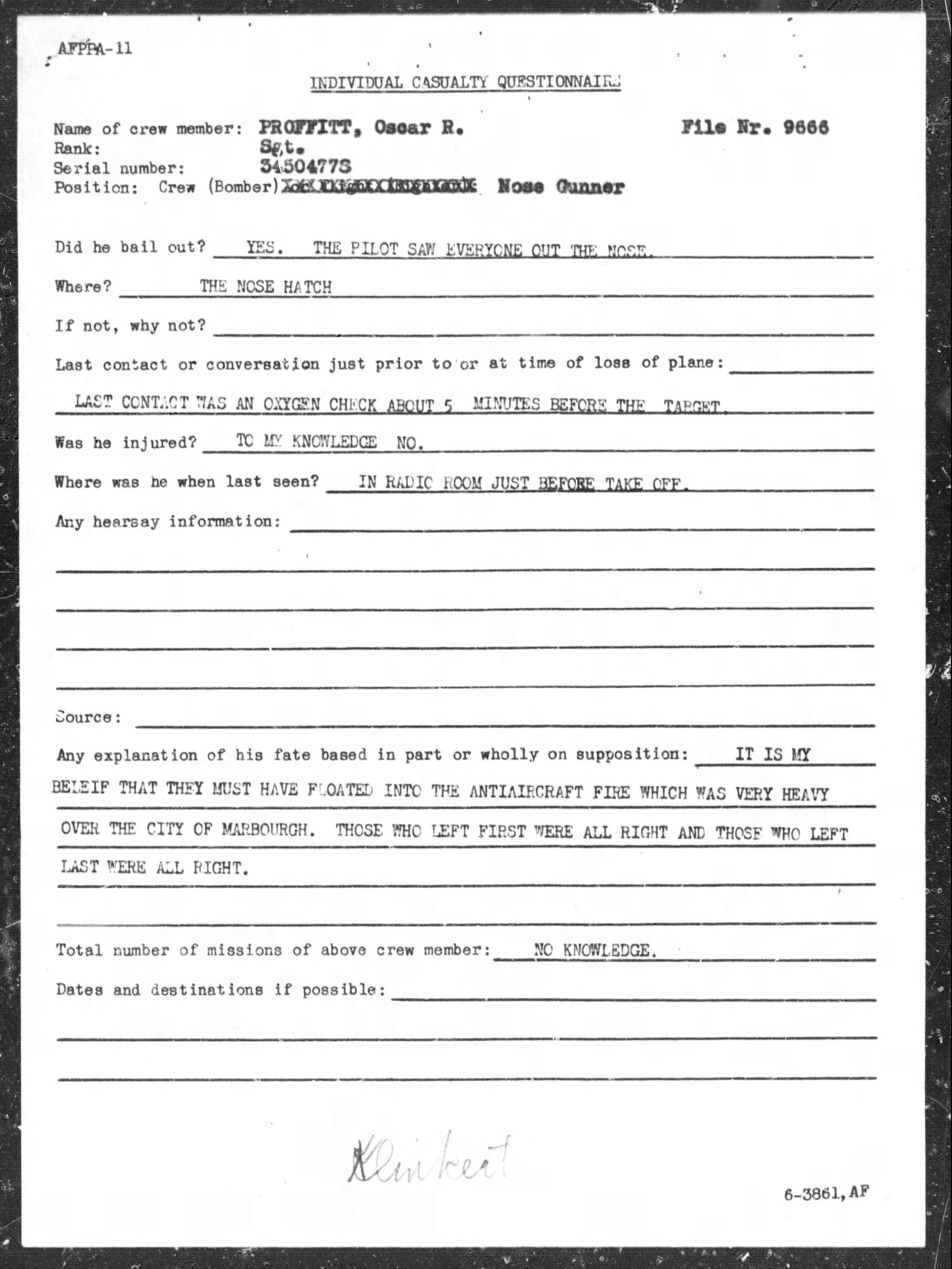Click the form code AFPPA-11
95,49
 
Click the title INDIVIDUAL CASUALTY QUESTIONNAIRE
465,83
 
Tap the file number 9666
806,128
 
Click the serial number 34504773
305,167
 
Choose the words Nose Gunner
561,187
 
